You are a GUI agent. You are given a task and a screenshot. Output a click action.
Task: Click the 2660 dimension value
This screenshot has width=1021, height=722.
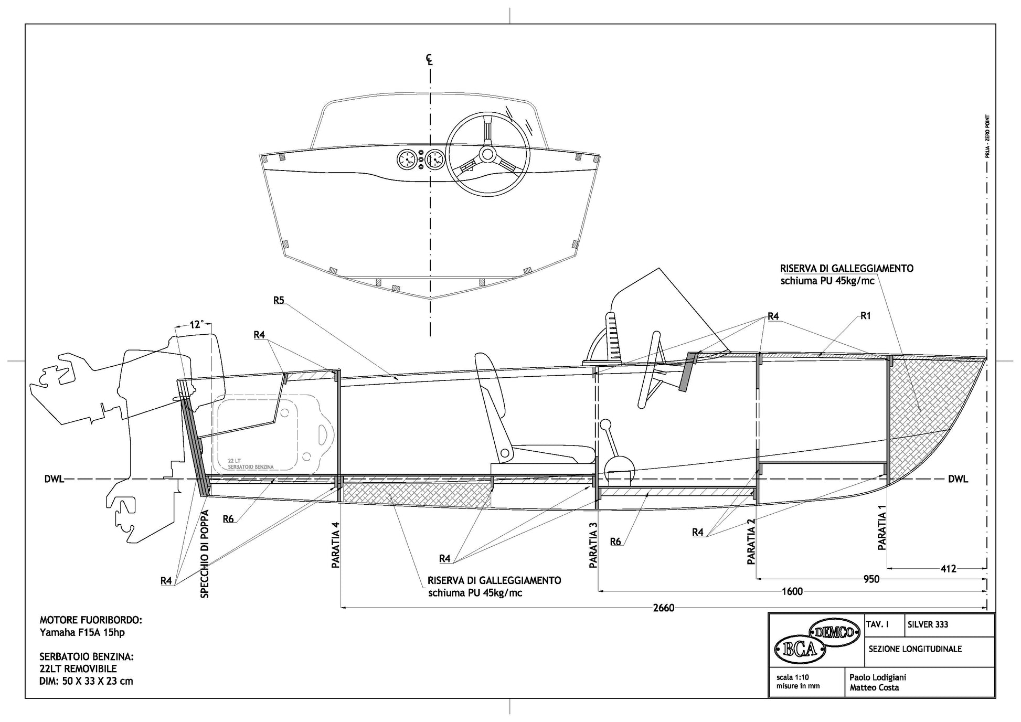click(663, 608)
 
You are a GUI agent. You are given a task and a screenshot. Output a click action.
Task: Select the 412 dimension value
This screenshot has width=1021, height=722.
click(948, 568)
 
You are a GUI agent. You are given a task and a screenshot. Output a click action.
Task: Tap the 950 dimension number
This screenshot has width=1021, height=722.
click(871, 579)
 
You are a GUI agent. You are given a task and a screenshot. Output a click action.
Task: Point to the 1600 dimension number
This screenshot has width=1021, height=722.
click(792, 591)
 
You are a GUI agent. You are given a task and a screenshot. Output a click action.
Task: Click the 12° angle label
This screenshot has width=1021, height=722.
click(196, 325)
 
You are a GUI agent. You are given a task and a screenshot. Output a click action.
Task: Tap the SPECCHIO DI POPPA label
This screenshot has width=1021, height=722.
click(205, 554)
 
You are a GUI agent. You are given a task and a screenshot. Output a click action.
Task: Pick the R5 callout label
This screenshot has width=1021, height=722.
click(279, 300)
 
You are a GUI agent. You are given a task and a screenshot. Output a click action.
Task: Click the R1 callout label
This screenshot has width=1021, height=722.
click(866, 316)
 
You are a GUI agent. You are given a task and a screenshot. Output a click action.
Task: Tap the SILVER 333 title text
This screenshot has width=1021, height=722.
click(928, 624)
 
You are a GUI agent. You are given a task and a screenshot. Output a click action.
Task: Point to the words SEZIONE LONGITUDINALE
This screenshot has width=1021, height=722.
click(915, 649)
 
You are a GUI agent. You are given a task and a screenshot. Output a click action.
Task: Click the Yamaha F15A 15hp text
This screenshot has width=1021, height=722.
click(82, 633)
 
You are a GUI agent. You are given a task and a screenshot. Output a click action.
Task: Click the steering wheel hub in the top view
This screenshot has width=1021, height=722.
click(487, 154)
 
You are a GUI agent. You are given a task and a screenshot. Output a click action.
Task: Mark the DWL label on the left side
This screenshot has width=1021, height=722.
click(54, 479)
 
